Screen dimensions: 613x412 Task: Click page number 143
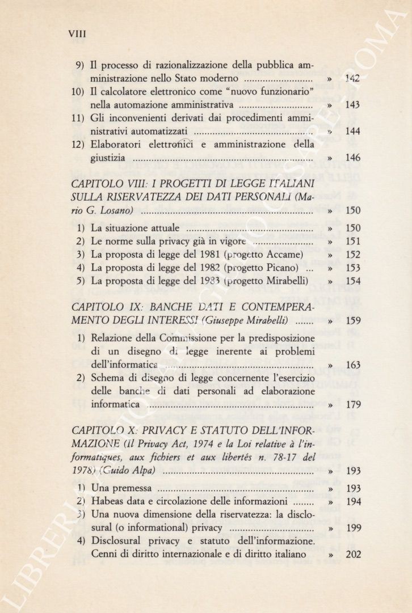point(352,105)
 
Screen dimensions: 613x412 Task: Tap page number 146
point(352,158)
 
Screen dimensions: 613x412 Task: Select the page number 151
point(352,241)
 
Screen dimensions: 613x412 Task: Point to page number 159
point(352,321)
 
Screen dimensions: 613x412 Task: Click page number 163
point(352,365)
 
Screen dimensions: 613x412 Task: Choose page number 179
point(352,405)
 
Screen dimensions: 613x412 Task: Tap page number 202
point(352,554)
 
